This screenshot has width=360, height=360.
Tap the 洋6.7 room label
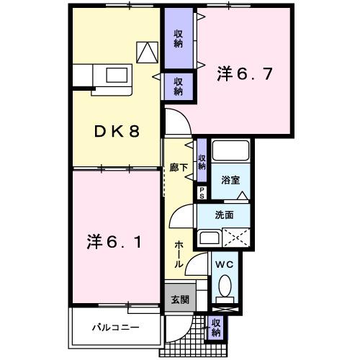tap(244, 73)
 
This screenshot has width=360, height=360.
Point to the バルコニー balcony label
tap(115, 328)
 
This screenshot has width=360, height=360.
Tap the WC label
tap(225, 265)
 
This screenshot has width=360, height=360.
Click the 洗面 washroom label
tap(225, 215)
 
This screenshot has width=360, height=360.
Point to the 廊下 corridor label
tap(179, 166)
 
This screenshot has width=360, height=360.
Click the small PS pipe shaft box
tap(202, 192)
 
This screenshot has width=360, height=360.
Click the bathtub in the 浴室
tap(230, 152)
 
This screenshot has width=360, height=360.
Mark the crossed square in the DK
tap(148, 51)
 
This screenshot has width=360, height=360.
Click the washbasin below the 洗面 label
tap(210, 238)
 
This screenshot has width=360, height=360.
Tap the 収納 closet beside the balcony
tap(216, 328)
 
